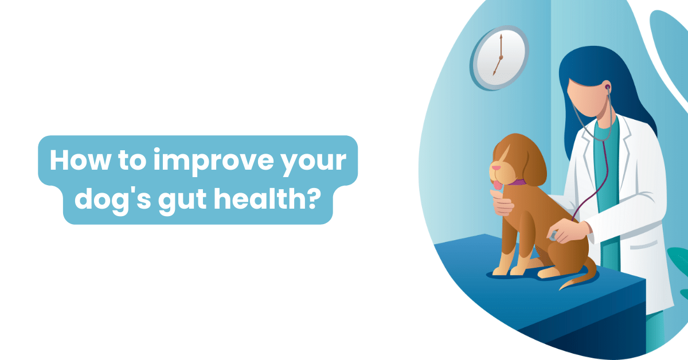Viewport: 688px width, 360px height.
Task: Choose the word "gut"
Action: click(190, 202)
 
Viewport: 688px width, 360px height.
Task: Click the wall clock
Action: click(499, 57)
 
